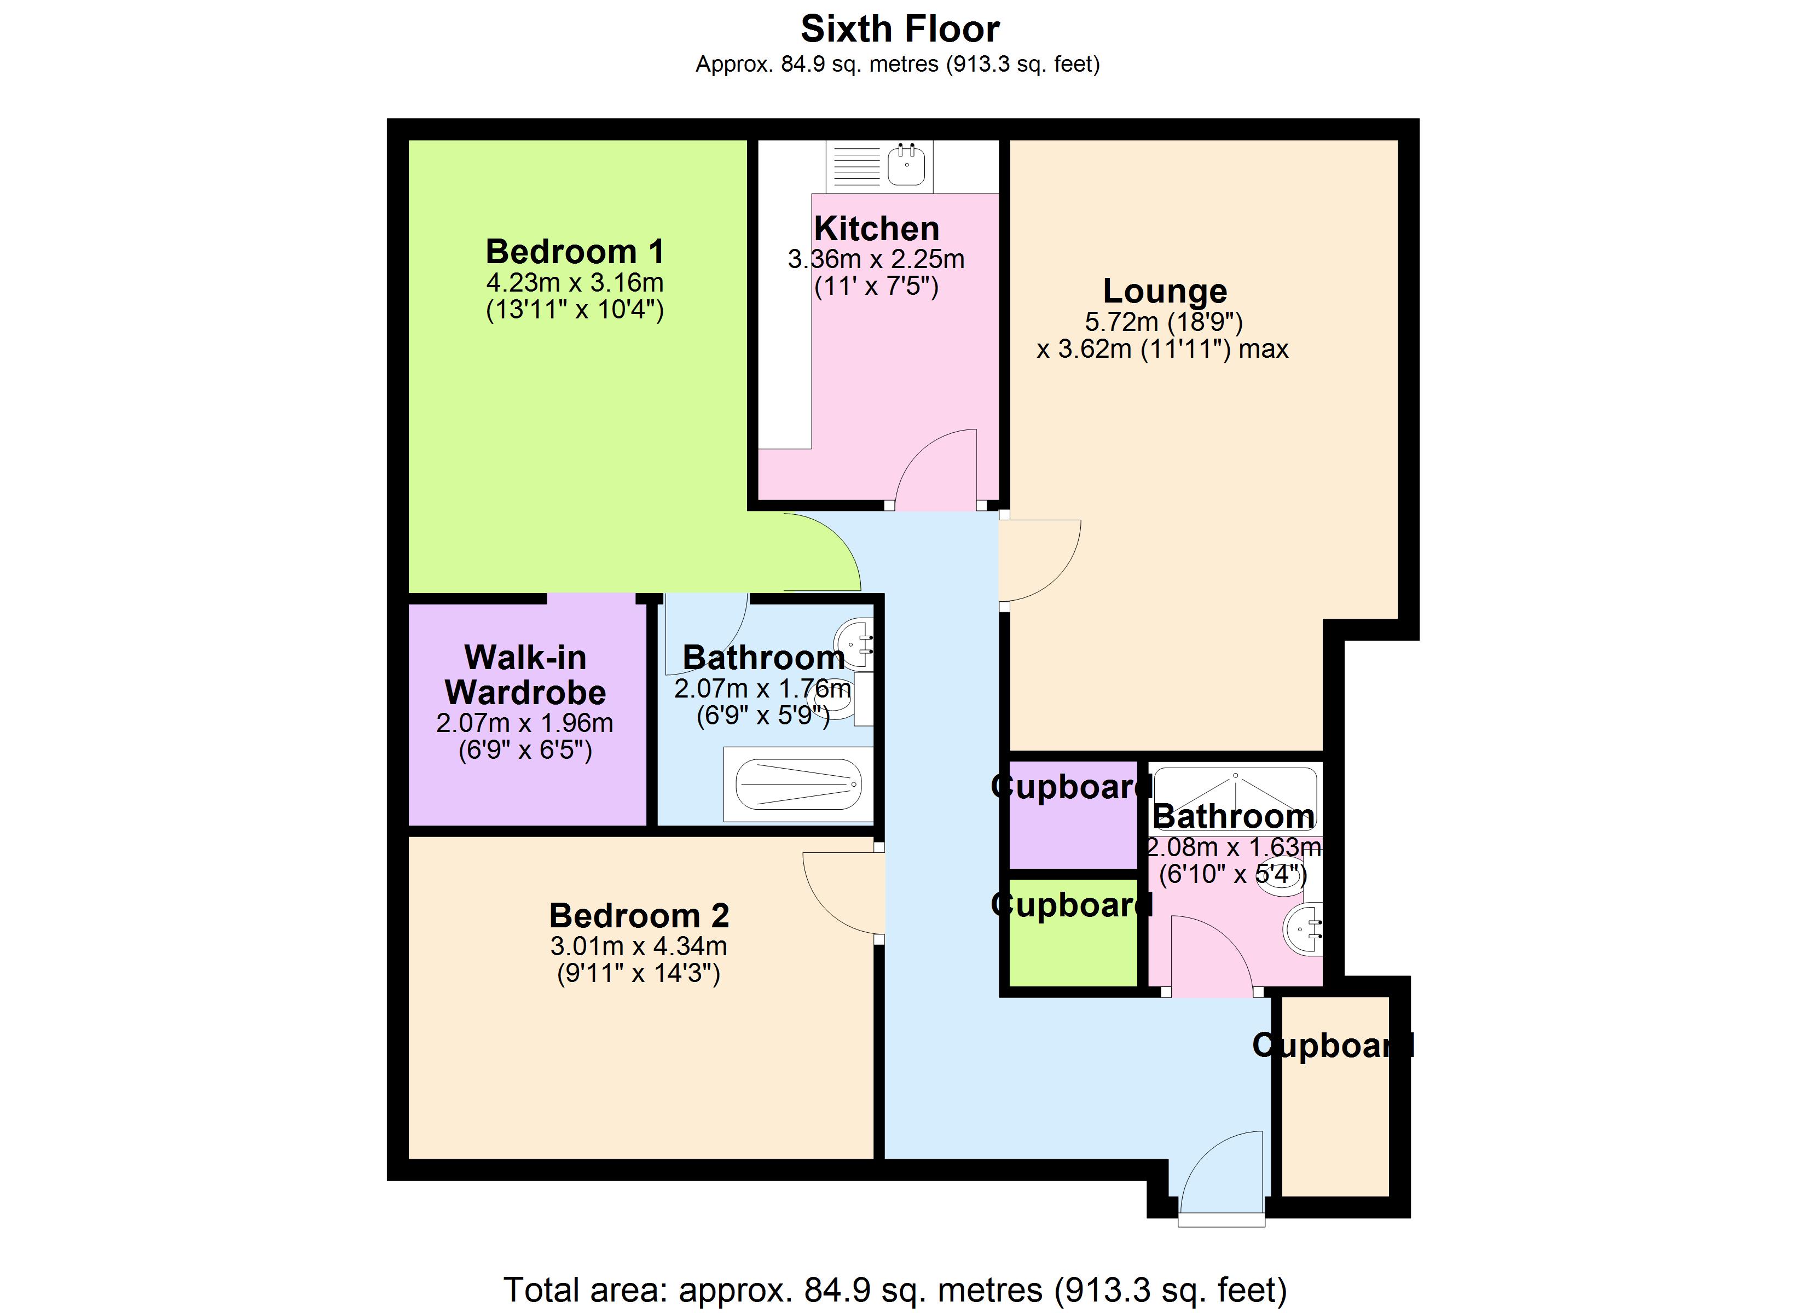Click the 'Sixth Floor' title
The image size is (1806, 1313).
click(x=900, y=30)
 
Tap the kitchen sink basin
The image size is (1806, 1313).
click(x=906, y=166)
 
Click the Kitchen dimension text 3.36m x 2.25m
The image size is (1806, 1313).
click(x=876, y=259)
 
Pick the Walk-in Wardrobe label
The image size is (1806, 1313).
click(x=525, y=675)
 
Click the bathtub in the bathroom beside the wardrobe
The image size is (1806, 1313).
click(x=798, y=785)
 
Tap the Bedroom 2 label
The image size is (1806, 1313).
click(x=639, y=916)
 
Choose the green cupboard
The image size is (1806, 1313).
click(x=1073, y=932)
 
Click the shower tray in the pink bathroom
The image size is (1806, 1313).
click(x=1235, y=799)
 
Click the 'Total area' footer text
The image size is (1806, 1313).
click(x=895, y=1289)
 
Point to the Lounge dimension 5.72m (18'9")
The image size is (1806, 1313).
click(x=1164, y=322)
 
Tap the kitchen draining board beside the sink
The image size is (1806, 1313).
click(x=856, y=166)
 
